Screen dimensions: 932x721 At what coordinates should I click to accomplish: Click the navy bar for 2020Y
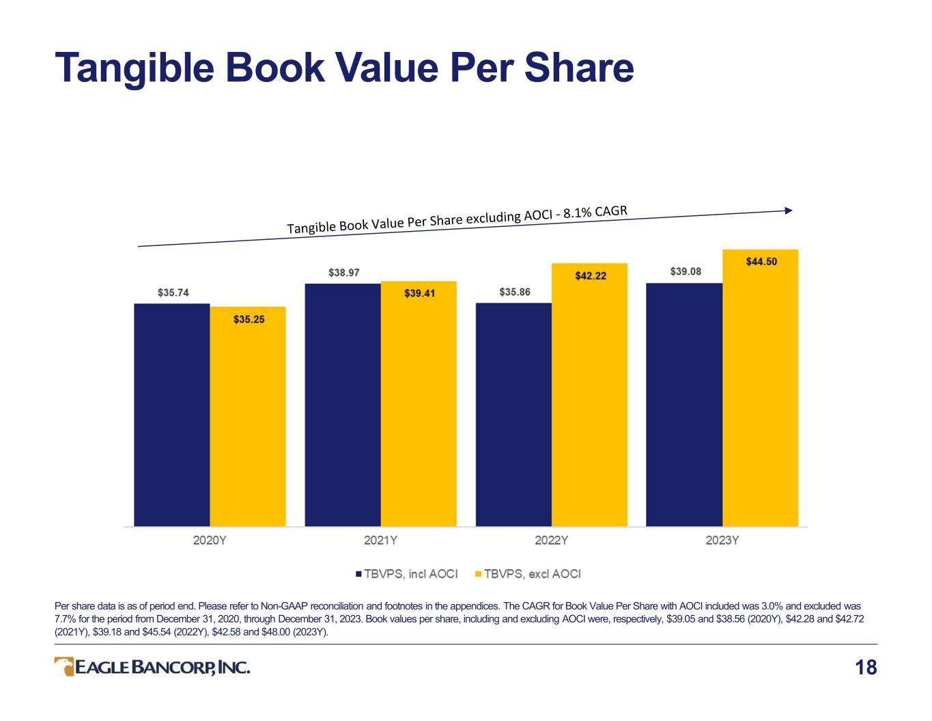point(171,415)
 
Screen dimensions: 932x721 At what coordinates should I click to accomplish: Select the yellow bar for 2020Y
point(247,416)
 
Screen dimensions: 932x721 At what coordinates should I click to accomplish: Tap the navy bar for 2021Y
point(343,405)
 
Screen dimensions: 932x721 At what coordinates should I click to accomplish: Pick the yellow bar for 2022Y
point(589,394)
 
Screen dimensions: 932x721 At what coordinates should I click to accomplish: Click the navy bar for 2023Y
point(684,405)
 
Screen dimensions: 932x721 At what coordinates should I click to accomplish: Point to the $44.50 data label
point(761,261)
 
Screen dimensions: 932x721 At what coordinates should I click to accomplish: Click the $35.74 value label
point(173,293)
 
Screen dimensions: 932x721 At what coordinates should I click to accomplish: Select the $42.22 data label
point(591,275)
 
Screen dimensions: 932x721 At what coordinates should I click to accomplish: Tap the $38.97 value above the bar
point(343,273)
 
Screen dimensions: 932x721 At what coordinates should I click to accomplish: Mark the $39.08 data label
point(686,271)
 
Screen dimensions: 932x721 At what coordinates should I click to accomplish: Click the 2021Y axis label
point(380,540)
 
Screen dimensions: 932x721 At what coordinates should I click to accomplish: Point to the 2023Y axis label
point(722,540)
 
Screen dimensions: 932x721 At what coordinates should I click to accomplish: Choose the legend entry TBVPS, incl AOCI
point(406,574)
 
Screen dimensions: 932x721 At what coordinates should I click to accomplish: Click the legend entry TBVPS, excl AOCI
point(528,574)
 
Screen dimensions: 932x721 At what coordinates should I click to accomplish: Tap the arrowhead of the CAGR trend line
point(789,210)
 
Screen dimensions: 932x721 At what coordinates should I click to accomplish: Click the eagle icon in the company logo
point(64,666)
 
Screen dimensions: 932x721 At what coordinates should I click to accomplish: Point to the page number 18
point(866,668)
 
